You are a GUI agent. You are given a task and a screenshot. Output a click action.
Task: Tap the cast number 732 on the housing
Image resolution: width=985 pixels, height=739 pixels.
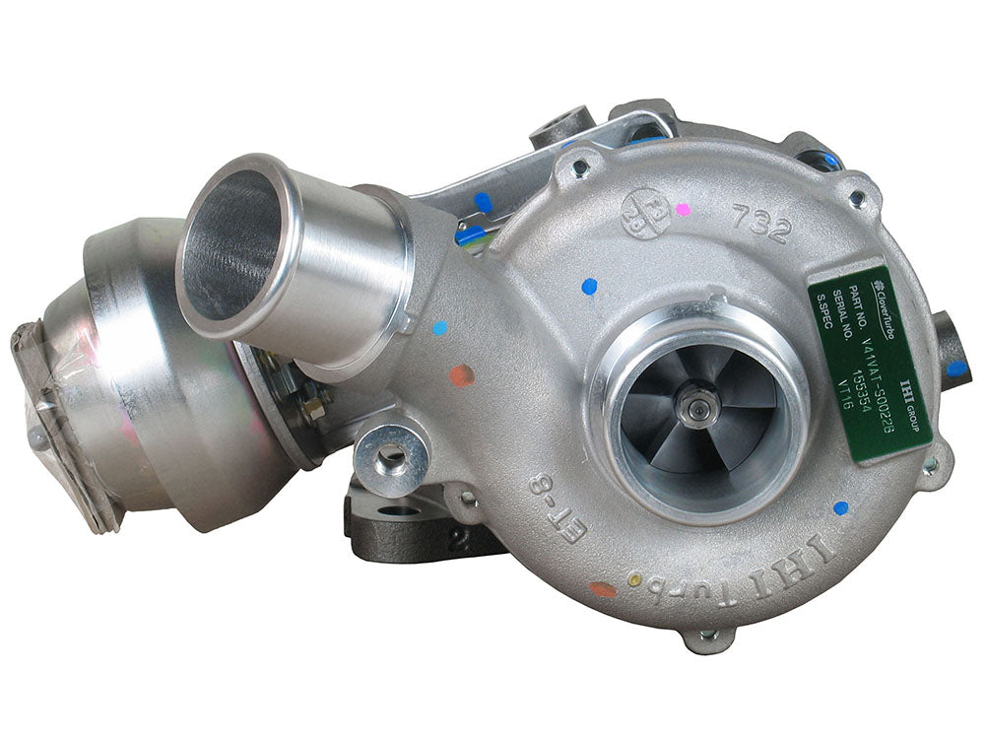point(761,226)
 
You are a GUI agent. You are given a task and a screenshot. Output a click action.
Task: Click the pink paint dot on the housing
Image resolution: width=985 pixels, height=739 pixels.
point(683,209)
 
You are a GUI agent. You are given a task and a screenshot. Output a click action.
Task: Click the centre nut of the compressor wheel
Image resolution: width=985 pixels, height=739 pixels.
point(701,405)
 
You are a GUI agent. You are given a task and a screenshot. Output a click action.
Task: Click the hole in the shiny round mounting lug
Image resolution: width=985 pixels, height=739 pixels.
point(390,456)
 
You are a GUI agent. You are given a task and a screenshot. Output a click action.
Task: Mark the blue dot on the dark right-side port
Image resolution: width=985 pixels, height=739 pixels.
point(956,369)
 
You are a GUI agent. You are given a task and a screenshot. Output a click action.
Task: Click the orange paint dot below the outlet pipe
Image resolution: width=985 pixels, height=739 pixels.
point(460,374)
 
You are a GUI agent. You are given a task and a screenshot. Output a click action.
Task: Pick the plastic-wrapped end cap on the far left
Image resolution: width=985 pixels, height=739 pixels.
point(59,415)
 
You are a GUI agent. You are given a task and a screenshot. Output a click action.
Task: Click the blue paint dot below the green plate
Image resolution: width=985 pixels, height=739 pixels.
point(840,507)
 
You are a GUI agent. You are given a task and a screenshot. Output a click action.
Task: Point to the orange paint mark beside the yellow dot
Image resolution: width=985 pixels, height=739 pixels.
point(602,589)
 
